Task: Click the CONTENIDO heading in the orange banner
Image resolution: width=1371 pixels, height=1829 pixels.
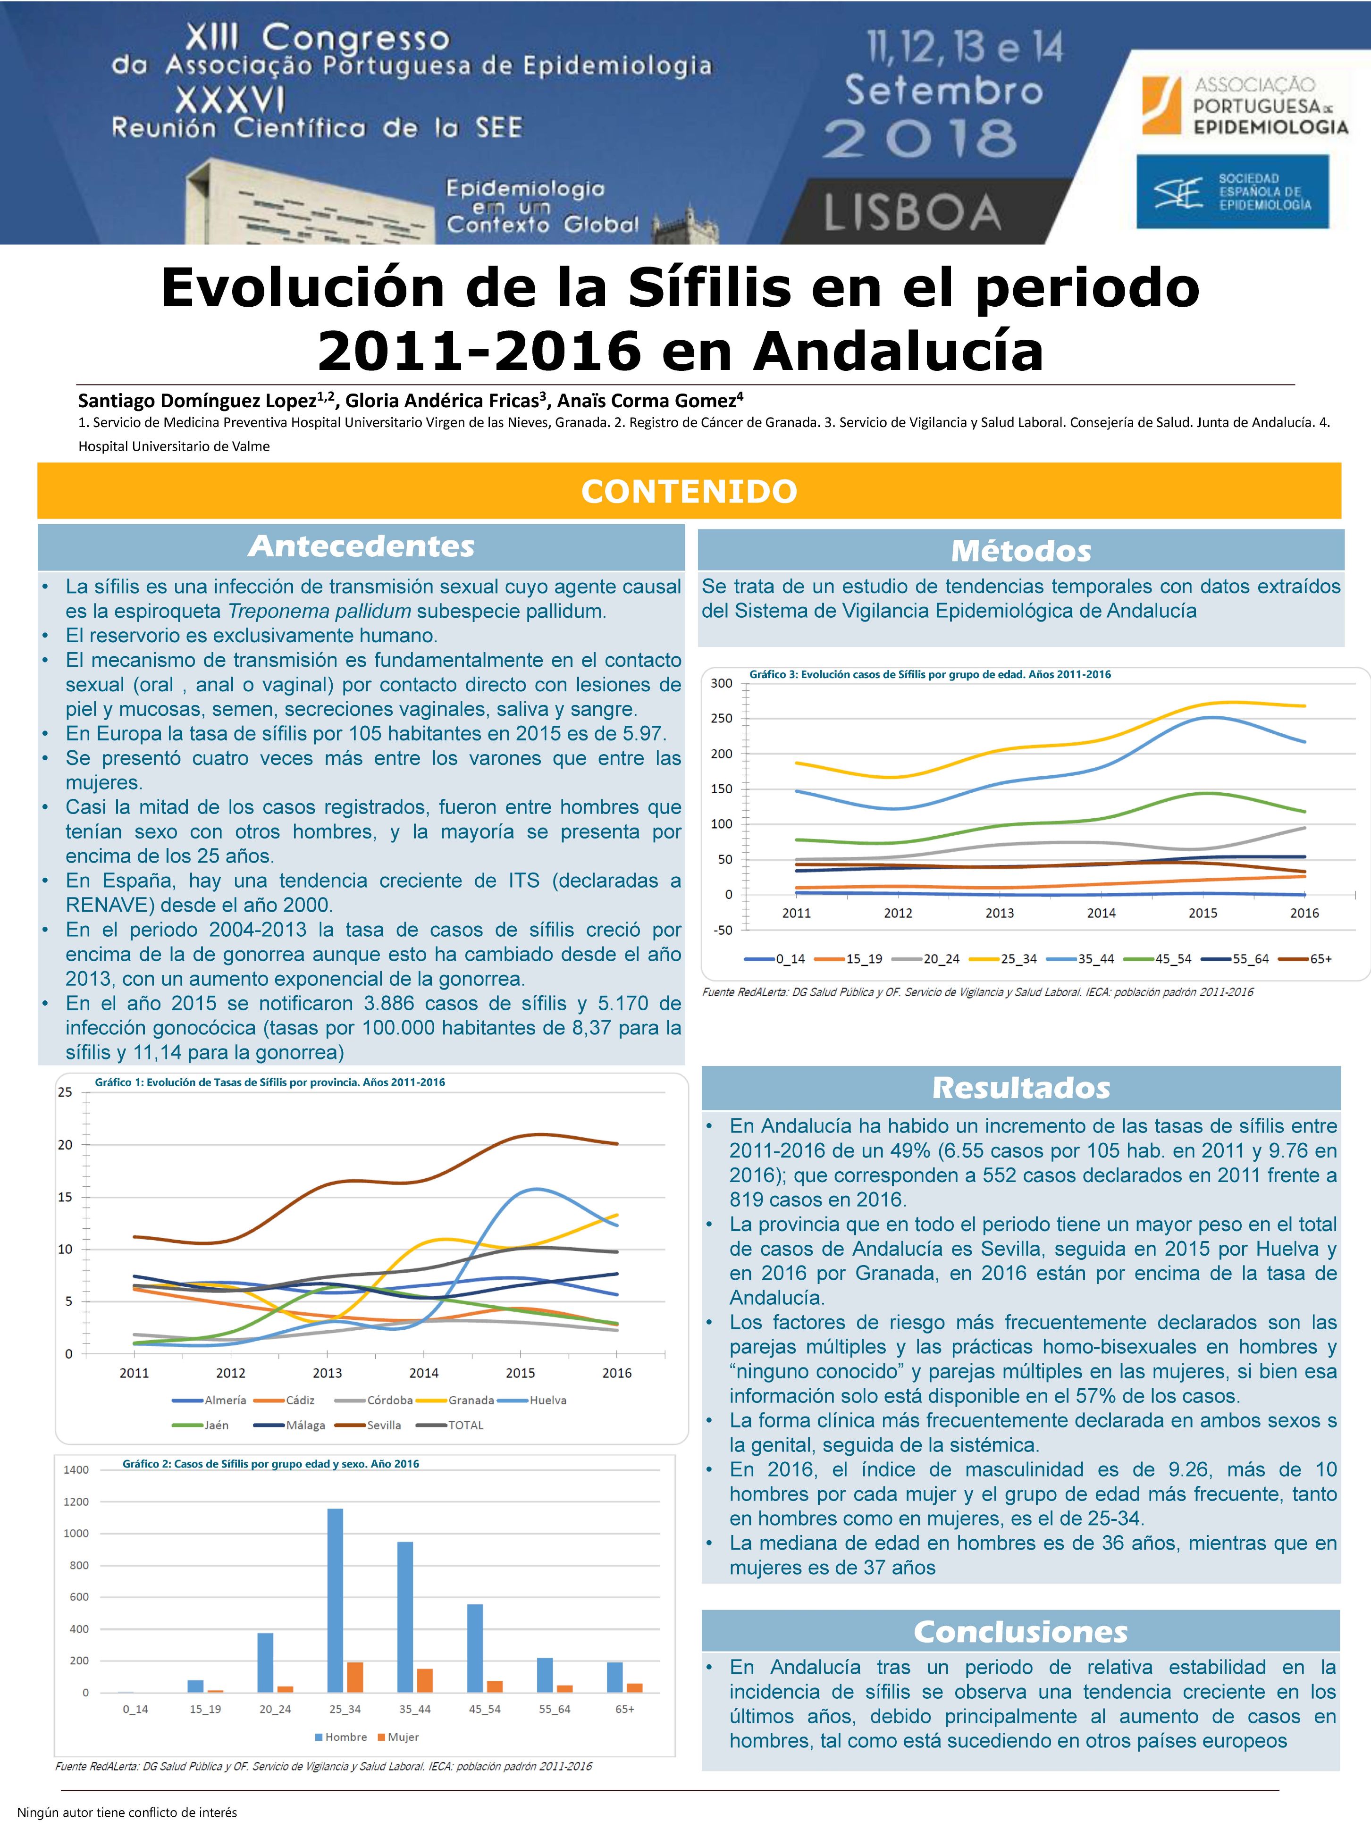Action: (689, 491)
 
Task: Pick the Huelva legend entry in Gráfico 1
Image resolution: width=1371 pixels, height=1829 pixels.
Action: (547, 1400)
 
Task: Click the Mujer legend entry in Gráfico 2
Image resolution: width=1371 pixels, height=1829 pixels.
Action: (403, 1737)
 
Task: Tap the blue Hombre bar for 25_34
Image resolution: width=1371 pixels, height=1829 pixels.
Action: (335, 1601)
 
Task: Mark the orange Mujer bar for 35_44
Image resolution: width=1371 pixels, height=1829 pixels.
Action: (425, 1681)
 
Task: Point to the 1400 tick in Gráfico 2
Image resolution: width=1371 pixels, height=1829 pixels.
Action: (76, 1470)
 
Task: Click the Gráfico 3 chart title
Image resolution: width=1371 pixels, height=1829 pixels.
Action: (929, 675)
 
